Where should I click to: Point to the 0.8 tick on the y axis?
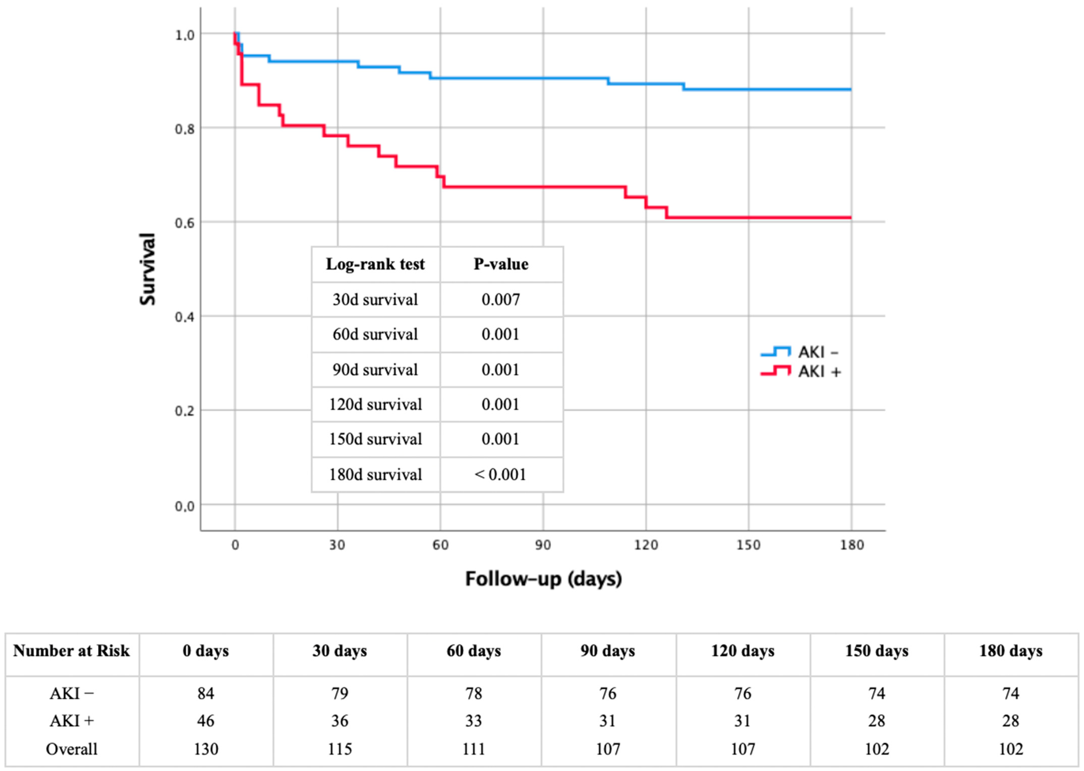[x=185, y=129]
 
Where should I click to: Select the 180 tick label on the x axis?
[x=851, y=545]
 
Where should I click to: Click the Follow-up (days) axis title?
[x=543, y=579]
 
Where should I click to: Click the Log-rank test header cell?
[x=375, y=264]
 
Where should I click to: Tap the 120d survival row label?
[x=375, y=405]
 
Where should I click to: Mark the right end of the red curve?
[x=851, y=218]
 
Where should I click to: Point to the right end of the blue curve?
[x=851, y=89]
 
